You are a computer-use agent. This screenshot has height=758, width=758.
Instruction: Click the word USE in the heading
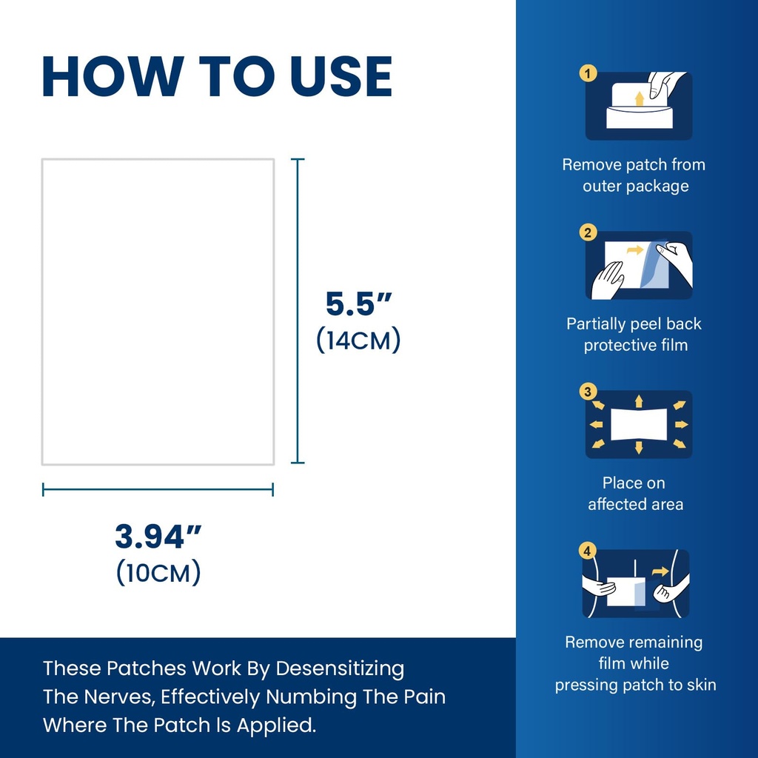pyautogui.click(x=341, y=76)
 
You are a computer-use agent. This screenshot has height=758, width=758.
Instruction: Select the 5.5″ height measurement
pyautogui.click(x=358, y=303)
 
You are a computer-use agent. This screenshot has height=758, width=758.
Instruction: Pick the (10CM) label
pyautogui.click(x=158, y=572)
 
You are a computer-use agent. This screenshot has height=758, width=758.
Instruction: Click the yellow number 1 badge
pyautogui.click(x=588, y=73)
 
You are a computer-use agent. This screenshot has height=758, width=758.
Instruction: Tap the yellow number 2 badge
pyautogui.click(x=588, y=232)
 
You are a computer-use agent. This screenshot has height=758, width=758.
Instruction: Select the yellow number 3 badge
pyautogui.click(x=588, y=392)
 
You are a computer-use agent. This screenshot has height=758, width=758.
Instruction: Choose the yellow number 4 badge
pyautogui.click(x=587, y=551)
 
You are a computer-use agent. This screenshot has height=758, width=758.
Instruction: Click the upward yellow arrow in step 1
pyautogui.click(x=640, y=98)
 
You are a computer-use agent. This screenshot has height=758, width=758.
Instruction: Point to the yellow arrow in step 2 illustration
pyautogui.click(x=635, y=250)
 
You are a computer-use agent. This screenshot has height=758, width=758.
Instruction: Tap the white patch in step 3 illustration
pyautogui.click(x=639, y=424)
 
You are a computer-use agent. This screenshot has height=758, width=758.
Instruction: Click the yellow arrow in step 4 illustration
pyautogui.click(x=660, y=572)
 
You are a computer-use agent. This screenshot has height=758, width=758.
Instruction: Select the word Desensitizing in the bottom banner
pyautogui.click(x=340, y=669)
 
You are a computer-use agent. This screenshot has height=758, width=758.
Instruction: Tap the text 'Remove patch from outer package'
pyautogui.click(x=634, y=175)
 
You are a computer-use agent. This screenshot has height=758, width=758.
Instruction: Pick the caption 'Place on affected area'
pyautogui.click(x=634, y=494)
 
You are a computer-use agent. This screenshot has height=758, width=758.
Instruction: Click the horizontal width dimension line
pyautogui.click(x=158, y=489)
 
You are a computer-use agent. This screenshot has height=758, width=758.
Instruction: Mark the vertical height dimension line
pyautogui.click(x=298, y=311)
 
